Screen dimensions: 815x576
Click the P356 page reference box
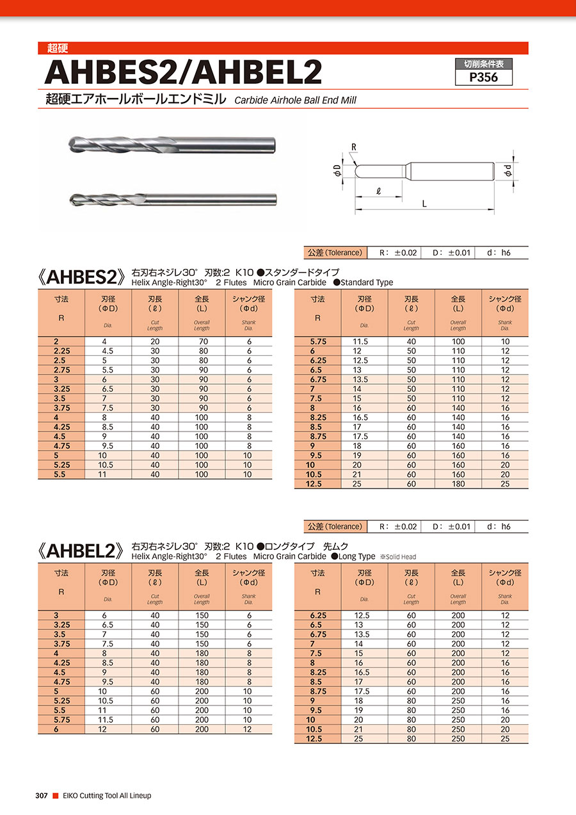(483, 77)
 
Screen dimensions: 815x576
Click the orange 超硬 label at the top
(58, 47)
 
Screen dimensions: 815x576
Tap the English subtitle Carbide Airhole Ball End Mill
(295, 100)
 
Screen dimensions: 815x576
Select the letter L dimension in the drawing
(424, 204)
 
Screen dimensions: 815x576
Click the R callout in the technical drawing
(353, 147)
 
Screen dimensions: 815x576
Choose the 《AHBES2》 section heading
(81, 277)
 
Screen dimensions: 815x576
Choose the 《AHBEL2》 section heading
(81, 551)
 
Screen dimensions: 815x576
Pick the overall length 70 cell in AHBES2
(202, 342)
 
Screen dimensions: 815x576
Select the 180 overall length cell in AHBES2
(458, 484)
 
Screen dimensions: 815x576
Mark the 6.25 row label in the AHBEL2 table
(318, 615)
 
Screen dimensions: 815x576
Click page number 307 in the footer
(42, 796)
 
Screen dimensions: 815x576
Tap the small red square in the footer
(56, 796)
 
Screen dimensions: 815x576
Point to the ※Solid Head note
(398, 557)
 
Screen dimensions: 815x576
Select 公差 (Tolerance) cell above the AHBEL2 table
(335, 526)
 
